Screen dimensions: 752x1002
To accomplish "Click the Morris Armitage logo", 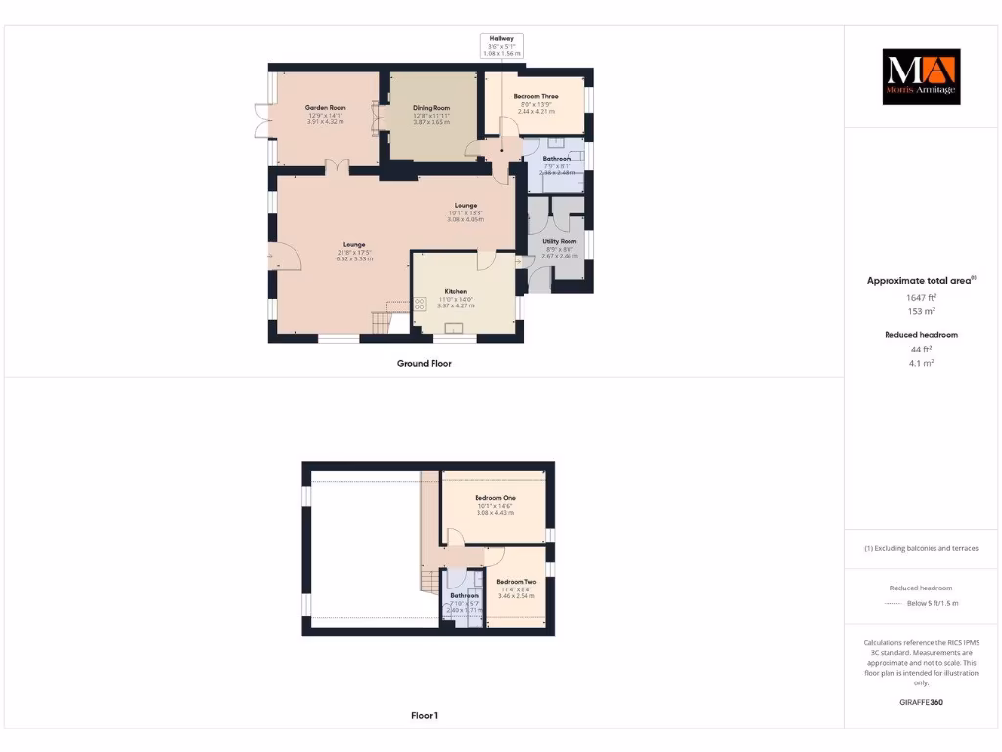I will [x=921, y=76].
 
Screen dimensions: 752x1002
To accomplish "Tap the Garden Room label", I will [x=325, y=107].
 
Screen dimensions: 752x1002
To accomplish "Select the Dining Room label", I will [x=432, y=107].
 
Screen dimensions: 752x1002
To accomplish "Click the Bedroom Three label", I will [x=535, y=96].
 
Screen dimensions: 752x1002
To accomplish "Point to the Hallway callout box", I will [x=502, y=45].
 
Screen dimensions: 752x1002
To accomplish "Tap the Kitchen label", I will [x=455, y=291].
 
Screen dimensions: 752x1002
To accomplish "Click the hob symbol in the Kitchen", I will [x=420, y=304].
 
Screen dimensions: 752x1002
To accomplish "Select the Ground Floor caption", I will [x=424, y=363].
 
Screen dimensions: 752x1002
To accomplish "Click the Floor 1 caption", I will [x=424, y=716].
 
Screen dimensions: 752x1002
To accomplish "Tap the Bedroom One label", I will [x=496, y=497].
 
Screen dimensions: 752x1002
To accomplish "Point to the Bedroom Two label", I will [x=516, y=582].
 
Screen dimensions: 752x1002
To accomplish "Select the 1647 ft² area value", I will [x=920, y=296].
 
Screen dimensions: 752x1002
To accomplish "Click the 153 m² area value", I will [x=920, y=310].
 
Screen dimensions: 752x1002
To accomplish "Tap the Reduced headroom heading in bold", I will [x=920, y=335].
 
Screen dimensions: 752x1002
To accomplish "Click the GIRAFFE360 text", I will [x=920, y=702].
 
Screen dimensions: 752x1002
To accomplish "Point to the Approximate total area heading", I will [x=920, y=281].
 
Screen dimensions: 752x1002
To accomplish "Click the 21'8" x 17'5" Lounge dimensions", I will [x=353, y=252].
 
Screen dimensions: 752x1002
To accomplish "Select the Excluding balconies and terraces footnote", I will [x=920, y=548].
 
